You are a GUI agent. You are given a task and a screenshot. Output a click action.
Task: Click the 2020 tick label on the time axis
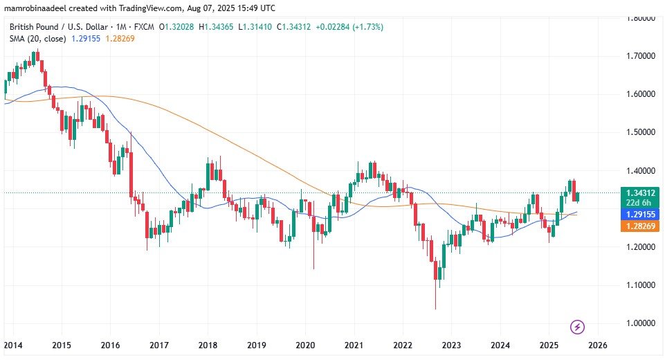pos(305,345)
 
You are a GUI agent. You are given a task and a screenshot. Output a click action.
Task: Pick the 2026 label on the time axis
pos(598,345)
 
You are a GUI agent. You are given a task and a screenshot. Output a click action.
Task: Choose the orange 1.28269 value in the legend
pos(122,38)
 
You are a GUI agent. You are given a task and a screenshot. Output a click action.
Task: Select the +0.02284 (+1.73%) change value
pos(349,27)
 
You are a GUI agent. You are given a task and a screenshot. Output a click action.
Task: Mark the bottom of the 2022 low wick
pos(436,309)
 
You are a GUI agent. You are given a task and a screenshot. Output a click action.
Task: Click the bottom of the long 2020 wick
pos(313,269)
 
